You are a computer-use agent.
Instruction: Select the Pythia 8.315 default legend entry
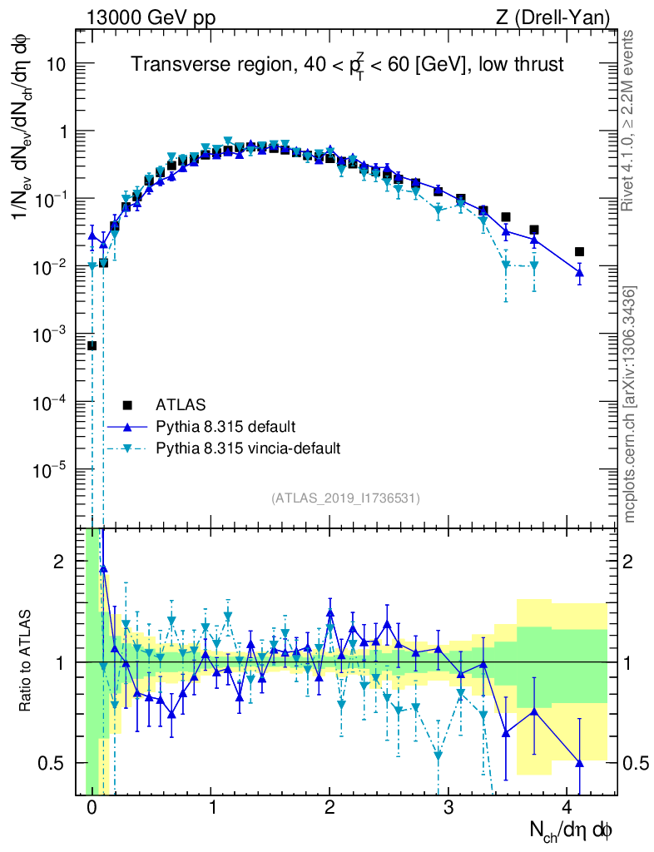225,427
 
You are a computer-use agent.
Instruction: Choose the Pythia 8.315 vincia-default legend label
248,449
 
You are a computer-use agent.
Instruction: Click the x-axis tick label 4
567,808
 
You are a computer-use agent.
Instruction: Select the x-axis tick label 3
448,808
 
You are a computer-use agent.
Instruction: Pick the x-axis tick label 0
92,808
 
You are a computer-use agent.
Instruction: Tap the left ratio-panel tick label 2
58,562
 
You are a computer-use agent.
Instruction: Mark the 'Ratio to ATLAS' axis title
26,661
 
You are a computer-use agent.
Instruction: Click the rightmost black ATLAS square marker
580,252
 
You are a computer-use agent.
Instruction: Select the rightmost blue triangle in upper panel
580,272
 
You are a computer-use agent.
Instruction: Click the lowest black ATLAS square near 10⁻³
92,345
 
